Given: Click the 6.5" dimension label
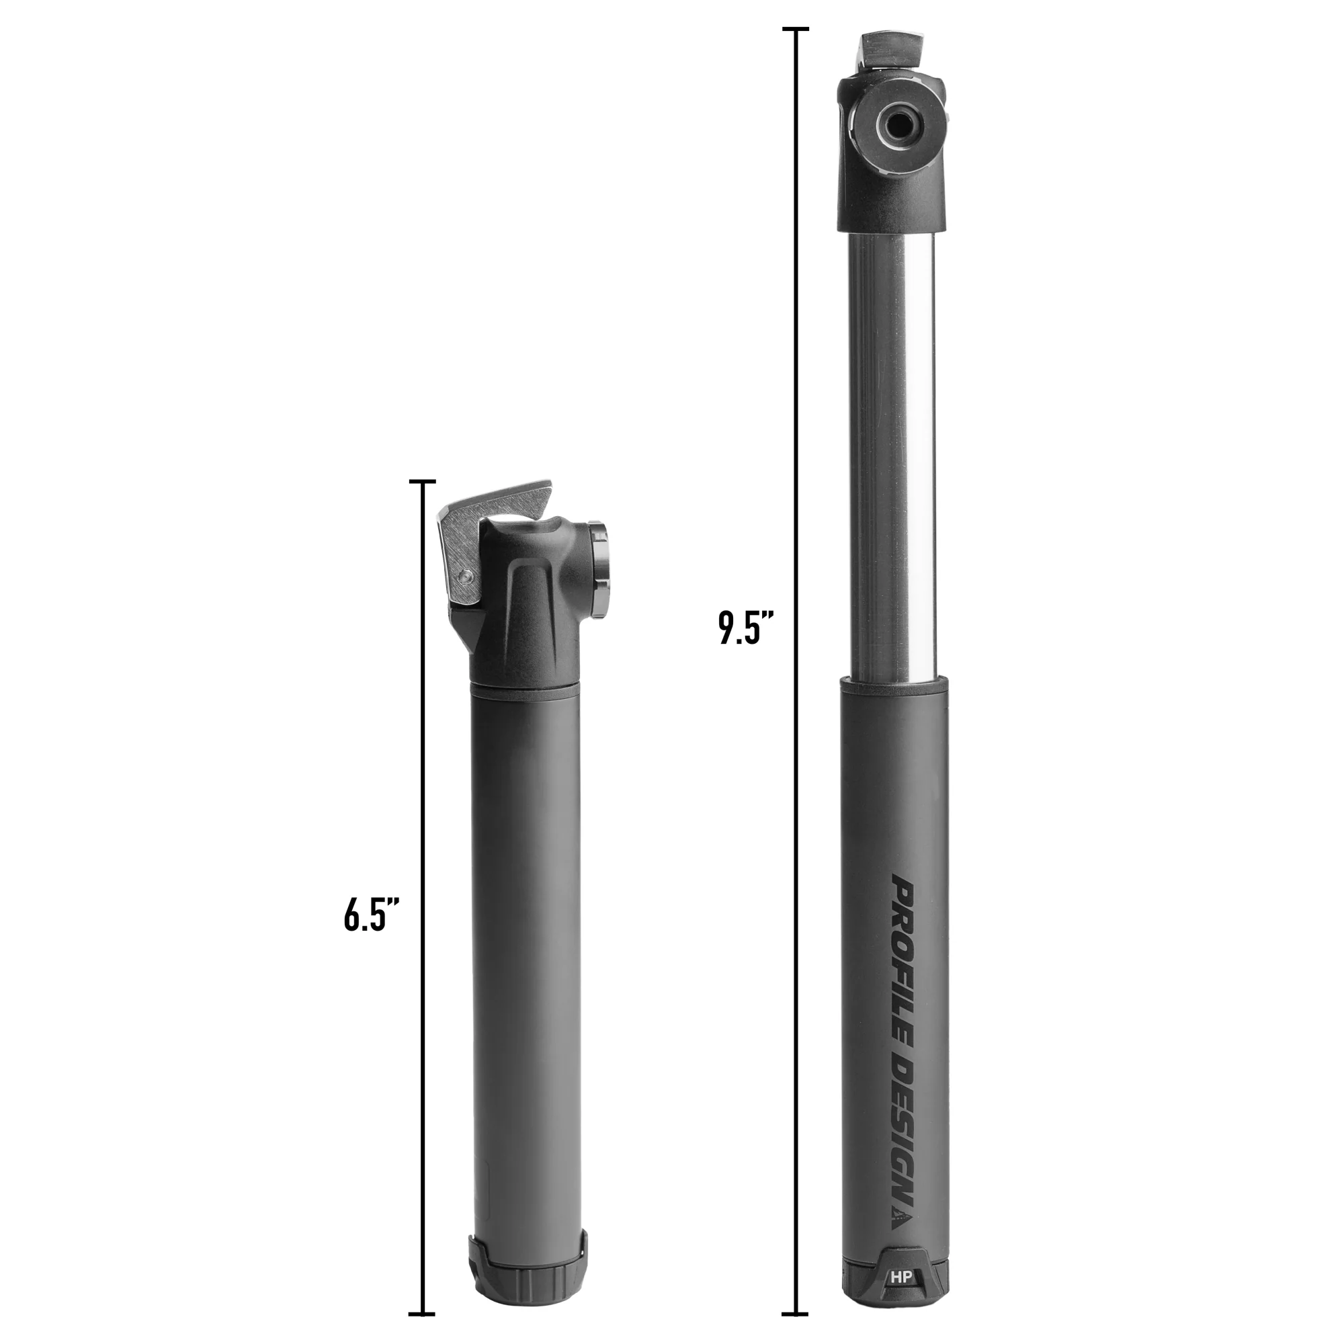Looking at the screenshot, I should [x=372, y=914].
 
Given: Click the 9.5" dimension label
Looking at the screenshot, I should [x=747, y=628].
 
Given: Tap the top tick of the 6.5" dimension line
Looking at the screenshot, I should [x=422, y=481].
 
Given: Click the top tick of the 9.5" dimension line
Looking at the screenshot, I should [x=795, y=29].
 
